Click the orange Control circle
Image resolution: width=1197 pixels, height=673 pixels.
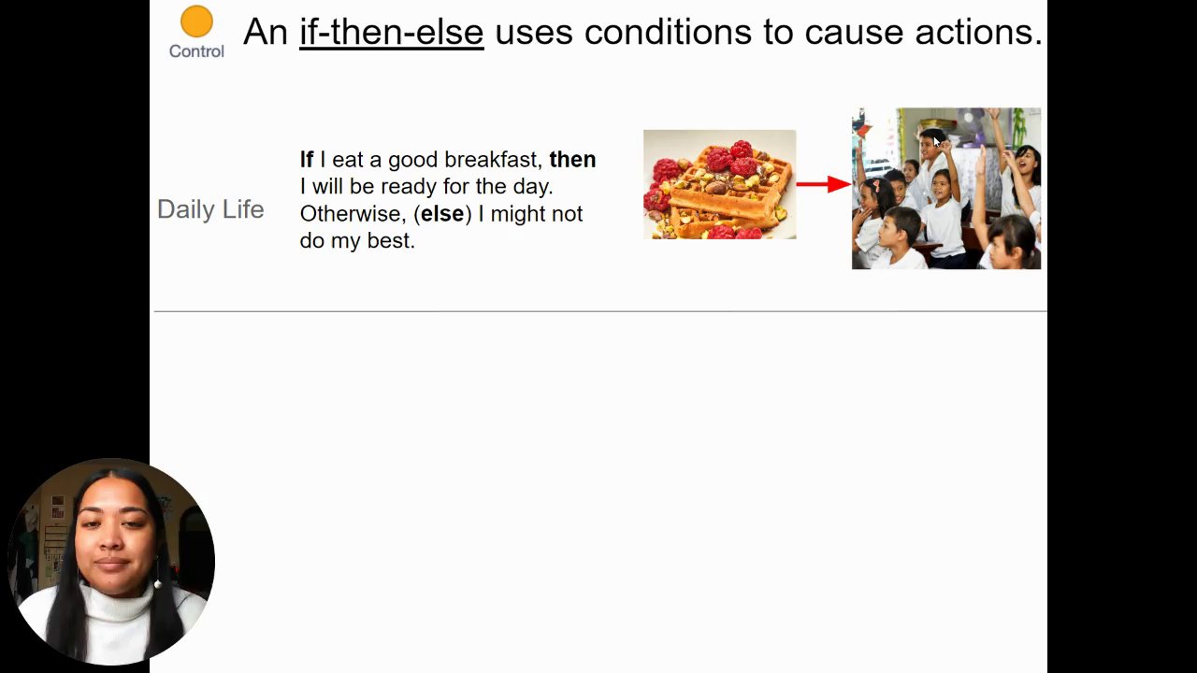(196, 21)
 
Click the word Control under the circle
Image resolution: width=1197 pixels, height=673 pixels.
(196, 51)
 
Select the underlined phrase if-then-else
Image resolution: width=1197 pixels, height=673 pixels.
(391, 32)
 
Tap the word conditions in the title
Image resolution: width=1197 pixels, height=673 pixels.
(668, 32)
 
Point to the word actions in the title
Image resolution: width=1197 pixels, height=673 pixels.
(978, 32)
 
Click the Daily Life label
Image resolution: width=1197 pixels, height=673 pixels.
(210, 209)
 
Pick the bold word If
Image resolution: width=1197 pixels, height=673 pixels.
(306, 159)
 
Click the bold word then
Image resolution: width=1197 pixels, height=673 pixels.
(572, 159)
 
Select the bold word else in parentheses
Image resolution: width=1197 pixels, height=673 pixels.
(442, 214)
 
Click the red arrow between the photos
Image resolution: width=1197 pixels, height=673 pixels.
(824, 184)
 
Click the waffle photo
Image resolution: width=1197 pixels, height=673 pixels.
(720, 184)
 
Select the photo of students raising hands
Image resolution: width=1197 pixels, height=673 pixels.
(946, 189)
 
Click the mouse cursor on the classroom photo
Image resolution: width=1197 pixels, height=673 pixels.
(936, 141)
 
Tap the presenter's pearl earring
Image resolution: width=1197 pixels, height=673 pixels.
(158, 584)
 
